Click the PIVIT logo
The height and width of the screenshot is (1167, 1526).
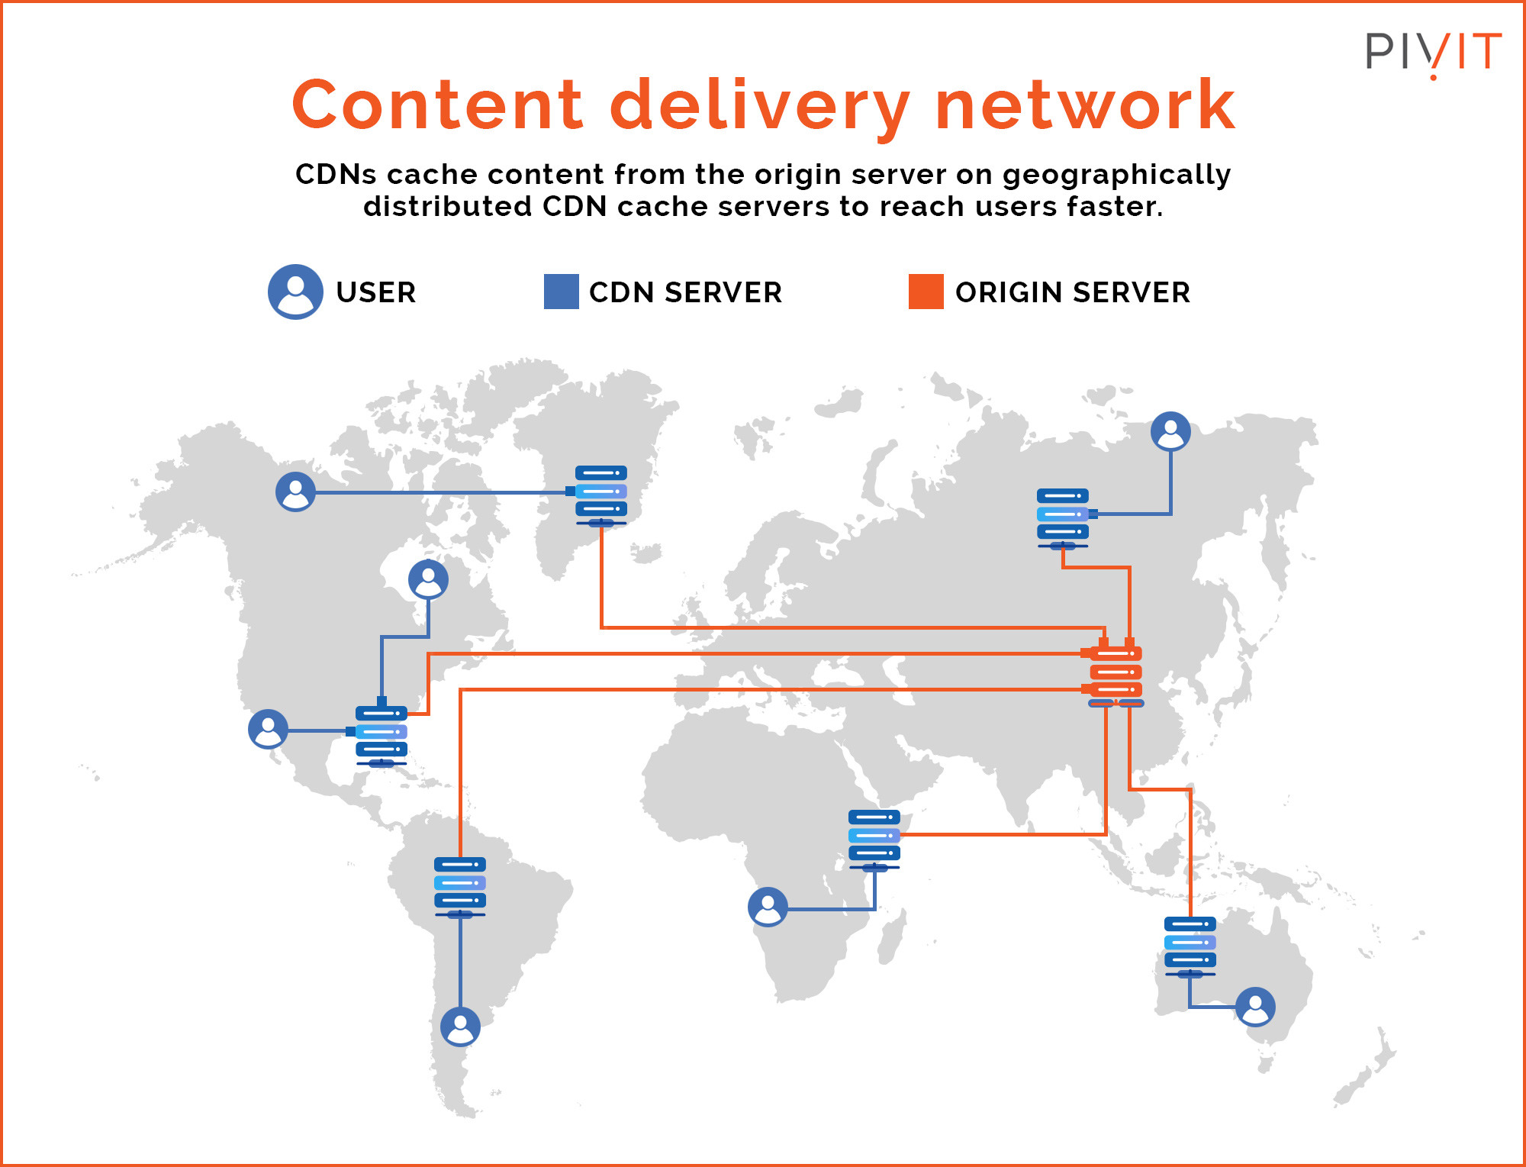1433,53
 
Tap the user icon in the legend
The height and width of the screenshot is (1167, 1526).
295,292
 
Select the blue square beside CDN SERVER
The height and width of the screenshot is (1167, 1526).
561,292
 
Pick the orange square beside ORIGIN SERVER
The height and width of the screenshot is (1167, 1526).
926,292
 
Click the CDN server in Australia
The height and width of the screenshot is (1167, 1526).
1190,945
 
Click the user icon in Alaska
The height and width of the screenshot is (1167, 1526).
295,492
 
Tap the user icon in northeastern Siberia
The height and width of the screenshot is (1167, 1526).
1170,431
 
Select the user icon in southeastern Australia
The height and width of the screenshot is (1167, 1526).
1255,1007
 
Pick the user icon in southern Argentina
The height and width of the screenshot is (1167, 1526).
460,1027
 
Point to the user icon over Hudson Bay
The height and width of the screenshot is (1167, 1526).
428,579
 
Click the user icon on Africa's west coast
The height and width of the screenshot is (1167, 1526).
768,907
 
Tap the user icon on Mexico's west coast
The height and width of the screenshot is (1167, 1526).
268,729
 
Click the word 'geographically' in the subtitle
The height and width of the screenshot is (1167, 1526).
1116,175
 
